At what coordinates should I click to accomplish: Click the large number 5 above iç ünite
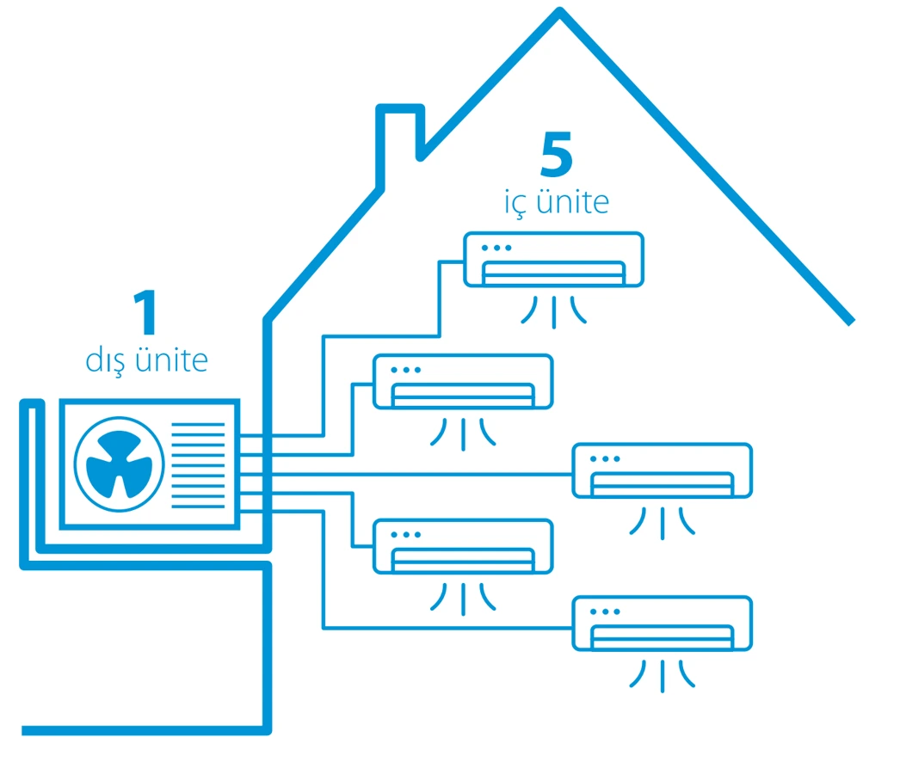[x=557, y=154]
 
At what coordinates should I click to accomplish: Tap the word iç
[x=515, y=203]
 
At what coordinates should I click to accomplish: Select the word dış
[x=105, y=361]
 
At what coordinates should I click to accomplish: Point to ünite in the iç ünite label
[x=573, y=201]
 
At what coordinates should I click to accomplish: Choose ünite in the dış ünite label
[x=171, y=359]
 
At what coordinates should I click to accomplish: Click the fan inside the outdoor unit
[x=120, y=464]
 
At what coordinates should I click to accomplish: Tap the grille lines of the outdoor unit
[x=198, y=465]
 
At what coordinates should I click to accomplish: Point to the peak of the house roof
[x=559, y=9]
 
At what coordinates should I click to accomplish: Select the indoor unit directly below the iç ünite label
[x=553, y=260]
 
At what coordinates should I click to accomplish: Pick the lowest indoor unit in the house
[x=663, y=623]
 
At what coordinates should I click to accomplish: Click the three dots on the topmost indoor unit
[x=496, y=248]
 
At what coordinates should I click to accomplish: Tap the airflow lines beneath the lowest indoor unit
[x=663, y=676]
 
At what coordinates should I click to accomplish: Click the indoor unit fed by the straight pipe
[x=663, y=470]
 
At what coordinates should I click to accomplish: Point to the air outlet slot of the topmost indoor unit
[x=553, y=273]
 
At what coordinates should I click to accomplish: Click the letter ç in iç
[x=519, y=206]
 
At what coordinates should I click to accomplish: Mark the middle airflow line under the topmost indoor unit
[x=554, y=313]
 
